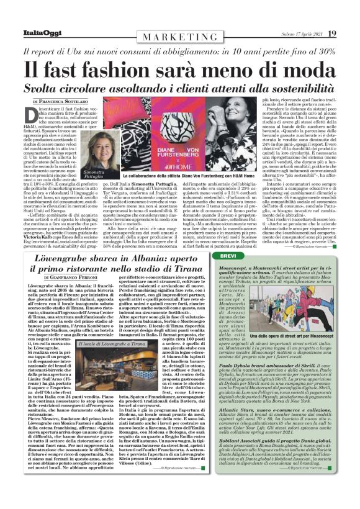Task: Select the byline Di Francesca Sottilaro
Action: [61, 100]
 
